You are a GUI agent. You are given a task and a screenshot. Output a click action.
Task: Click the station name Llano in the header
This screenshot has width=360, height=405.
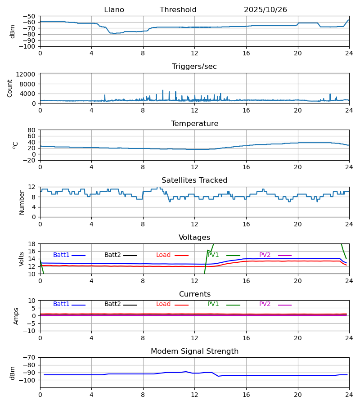(114, 10)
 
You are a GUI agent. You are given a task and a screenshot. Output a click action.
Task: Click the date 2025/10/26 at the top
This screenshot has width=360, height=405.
(265, 10)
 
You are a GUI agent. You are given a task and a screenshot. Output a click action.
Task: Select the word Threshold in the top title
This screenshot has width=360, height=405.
(178, 10)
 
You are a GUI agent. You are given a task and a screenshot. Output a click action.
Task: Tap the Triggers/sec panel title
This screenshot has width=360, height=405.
(194, 67)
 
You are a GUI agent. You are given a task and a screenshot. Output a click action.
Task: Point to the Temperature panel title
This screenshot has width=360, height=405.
(194, 124)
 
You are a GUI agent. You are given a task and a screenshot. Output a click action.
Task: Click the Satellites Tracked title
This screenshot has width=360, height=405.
(194, 180)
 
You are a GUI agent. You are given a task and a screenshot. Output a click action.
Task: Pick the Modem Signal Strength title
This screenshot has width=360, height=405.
(194, 351)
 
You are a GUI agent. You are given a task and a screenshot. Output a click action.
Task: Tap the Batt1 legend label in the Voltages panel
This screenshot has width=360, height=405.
(61, 255)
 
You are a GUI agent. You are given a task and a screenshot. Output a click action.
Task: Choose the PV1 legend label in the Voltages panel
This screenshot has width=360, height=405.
(213, 255)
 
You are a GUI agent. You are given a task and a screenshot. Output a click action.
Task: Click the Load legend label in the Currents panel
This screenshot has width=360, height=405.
(163, 304)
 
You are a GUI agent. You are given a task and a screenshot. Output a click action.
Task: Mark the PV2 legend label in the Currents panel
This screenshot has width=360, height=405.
(265, 304)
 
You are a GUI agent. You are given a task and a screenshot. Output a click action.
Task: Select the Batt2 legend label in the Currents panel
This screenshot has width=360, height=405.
(112, 304)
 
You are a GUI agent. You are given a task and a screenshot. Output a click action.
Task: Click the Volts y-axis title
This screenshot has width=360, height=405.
(22, 259)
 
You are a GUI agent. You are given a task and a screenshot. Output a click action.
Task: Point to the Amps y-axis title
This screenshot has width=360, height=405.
(16, 316)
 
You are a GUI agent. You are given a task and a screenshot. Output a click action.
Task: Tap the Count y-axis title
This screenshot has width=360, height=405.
(10, 88)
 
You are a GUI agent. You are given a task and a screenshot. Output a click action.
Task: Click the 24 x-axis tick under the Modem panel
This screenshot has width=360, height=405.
(349, 395)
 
